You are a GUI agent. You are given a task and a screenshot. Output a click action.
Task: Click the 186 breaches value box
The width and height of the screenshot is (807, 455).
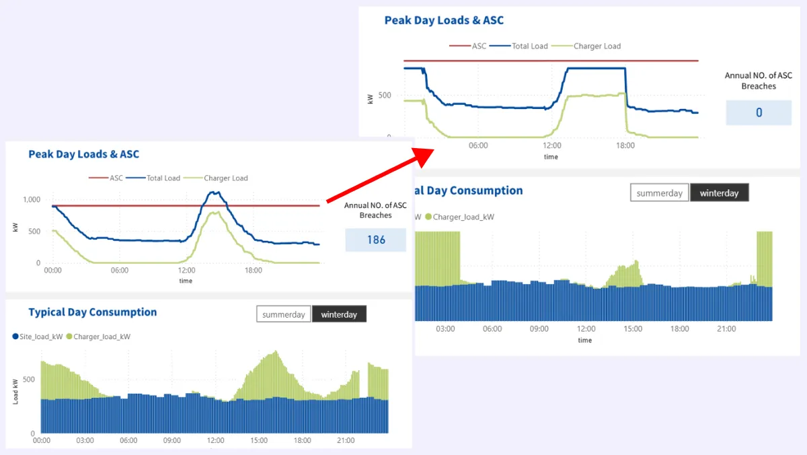tap(376, 240)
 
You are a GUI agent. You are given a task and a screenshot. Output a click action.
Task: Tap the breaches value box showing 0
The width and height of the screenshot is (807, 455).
tap(759, 112)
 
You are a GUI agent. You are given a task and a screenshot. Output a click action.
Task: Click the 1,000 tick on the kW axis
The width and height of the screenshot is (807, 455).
tap(32, 199)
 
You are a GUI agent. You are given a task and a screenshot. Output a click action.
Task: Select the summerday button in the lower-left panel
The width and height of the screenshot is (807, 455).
tap(283, 314)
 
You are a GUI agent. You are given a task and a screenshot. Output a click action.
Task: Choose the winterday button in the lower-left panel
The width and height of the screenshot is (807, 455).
tap(339, 314)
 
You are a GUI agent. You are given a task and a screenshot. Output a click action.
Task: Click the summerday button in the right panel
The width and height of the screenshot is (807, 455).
tap(659, 193)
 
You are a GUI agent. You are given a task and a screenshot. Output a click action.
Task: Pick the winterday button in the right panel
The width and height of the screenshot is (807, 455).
tap(719, 193)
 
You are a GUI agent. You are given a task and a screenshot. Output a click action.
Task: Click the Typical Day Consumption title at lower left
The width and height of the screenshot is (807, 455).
tap(92, 312)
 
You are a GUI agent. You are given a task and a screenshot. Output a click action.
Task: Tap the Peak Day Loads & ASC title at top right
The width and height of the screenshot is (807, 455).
tap(444, 20)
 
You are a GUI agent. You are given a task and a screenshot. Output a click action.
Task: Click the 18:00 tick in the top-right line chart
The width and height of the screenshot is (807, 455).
tap(625, 145)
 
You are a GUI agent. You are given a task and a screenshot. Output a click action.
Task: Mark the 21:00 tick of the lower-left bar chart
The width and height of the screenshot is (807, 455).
tap(346, 441)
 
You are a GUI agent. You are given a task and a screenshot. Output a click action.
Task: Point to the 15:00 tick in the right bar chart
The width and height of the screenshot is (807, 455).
tap(633, 329)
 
